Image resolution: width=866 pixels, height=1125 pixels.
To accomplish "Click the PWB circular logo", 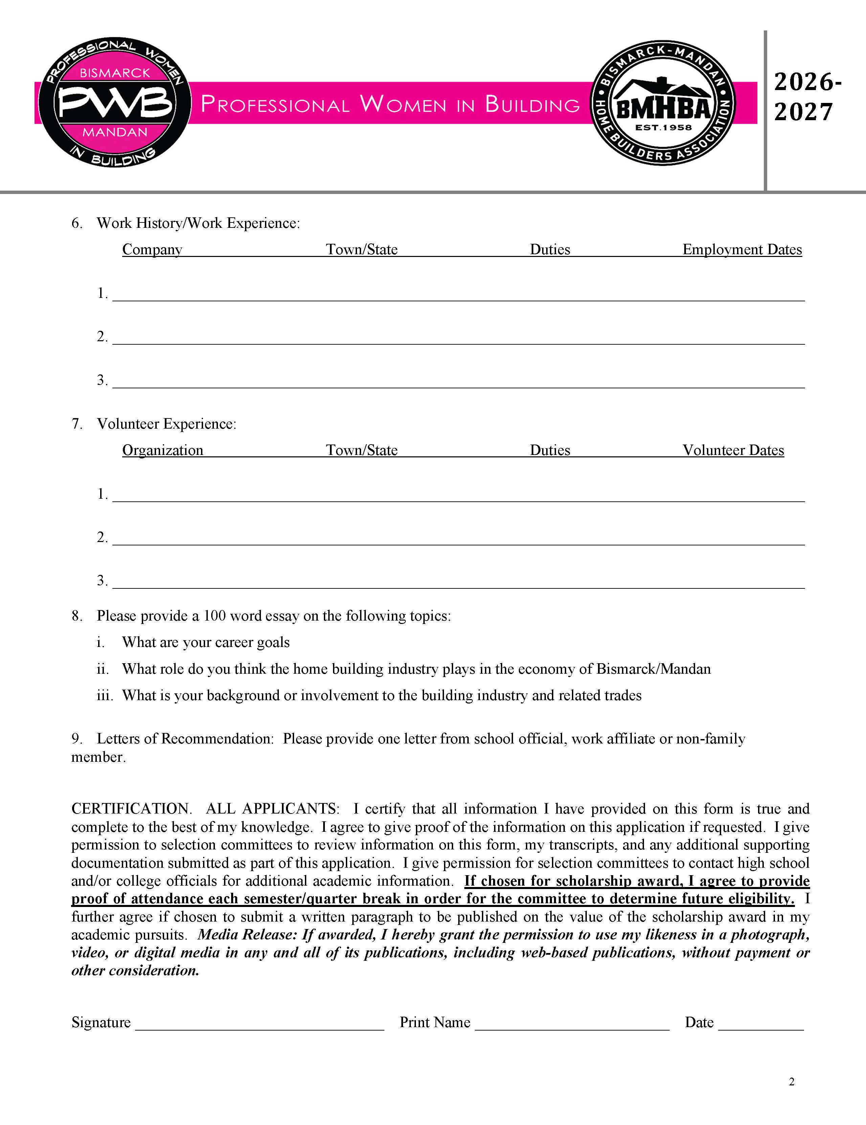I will (115, 103).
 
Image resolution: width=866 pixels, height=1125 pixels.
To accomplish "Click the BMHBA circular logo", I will (663, 103).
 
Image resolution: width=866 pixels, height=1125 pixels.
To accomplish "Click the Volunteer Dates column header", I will (733, 450).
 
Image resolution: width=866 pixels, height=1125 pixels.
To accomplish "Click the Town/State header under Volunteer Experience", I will (361, 450).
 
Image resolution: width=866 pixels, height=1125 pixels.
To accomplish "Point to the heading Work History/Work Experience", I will (198, 223).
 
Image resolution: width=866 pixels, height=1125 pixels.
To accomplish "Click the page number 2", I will (791, 1081).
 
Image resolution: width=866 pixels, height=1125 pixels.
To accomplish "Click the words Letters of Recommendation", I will (185, 739).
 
